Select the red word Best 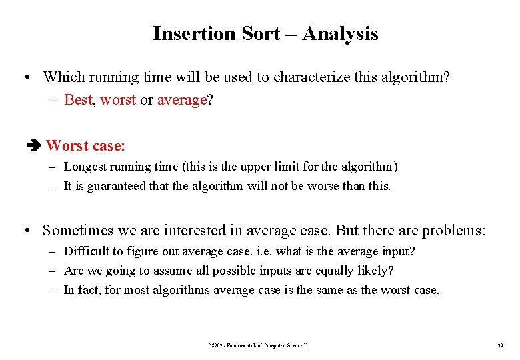coord(78,100)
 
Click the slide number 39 coord(499,345)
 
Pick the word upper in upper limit coord(271,167)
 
